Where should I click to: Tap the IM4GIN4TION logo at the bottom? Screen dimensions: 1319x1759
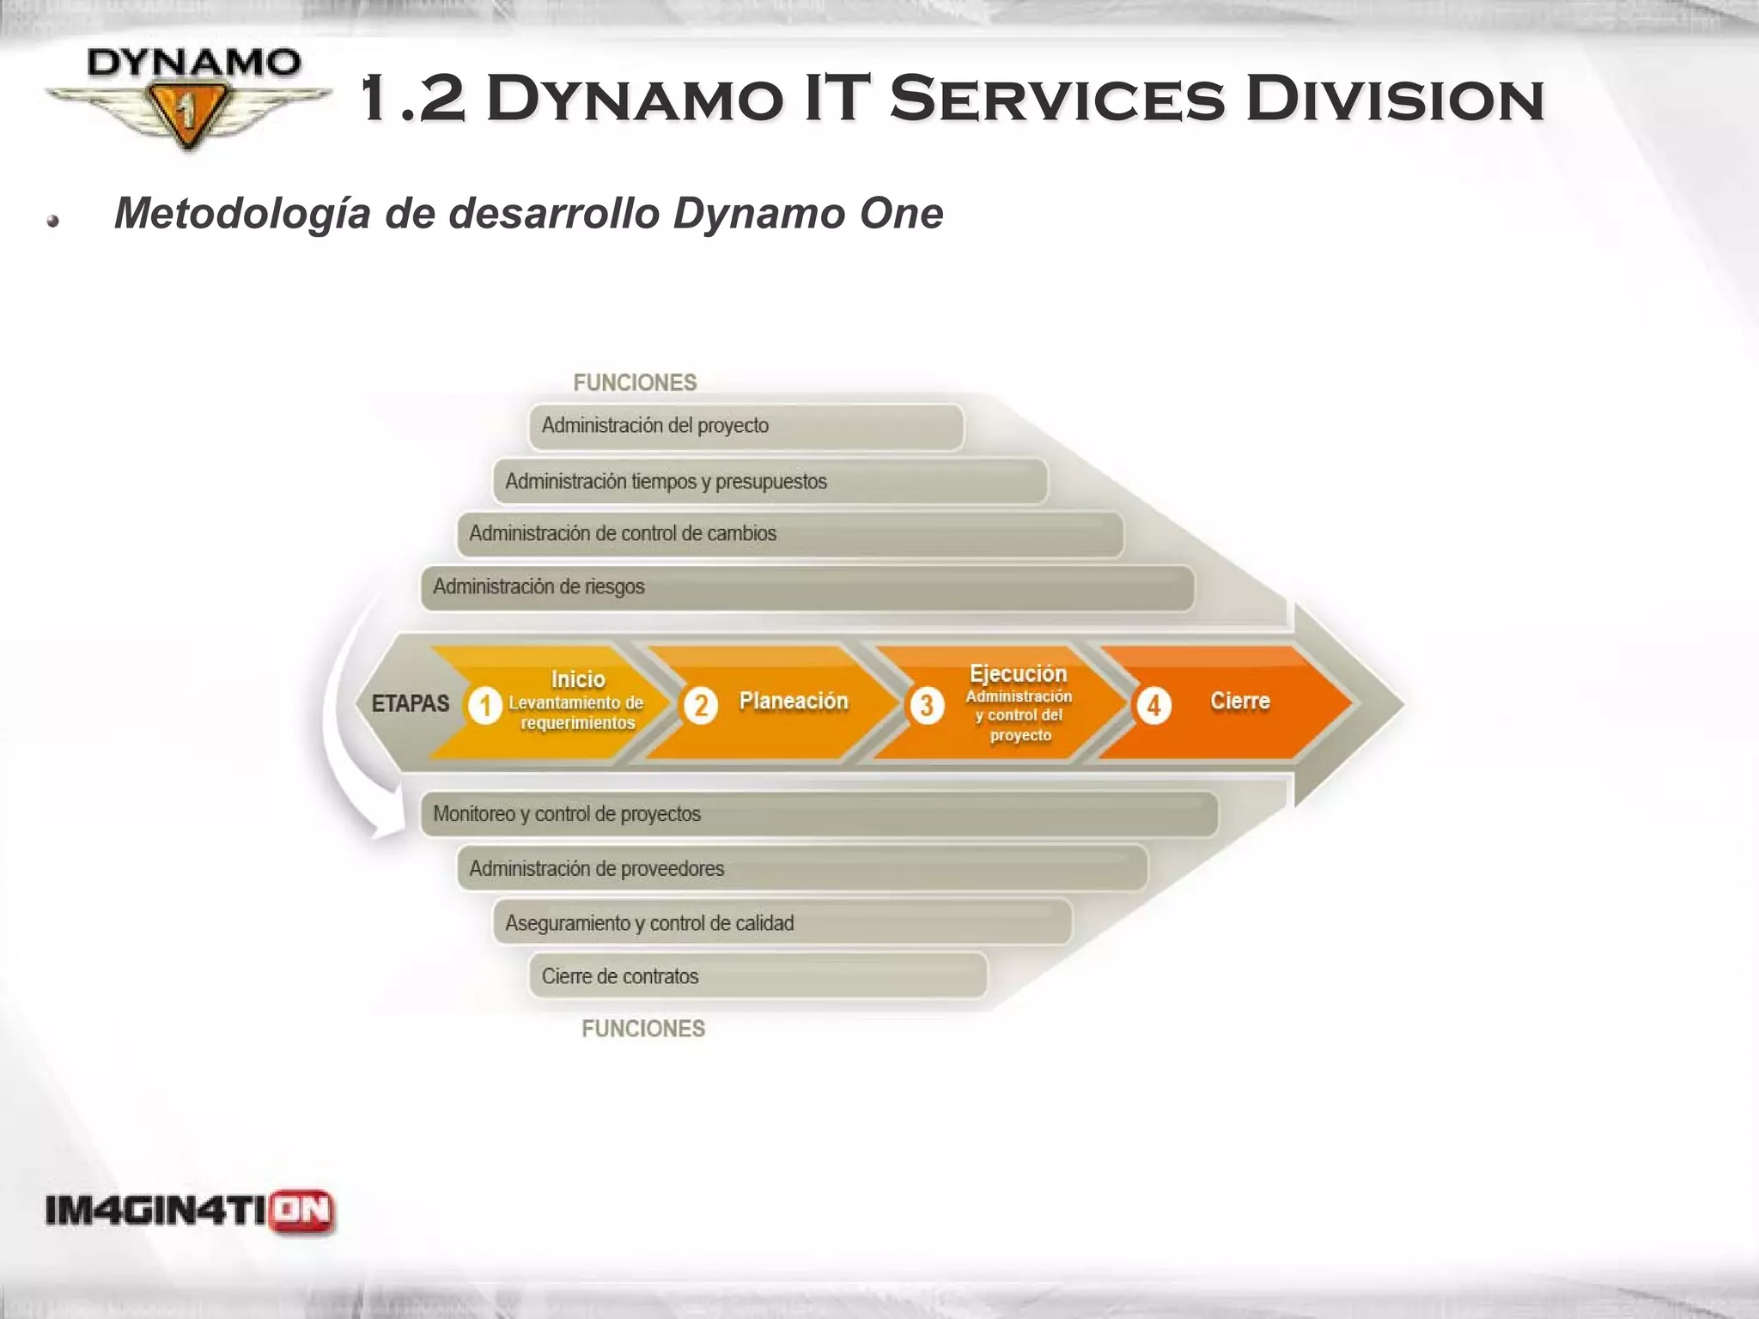pos(190,1212)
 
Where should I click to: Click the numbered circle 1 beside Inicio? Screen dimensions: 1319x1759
pos(484,705)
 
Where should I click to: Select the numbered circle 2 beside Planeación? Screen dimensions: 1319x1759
pos(701,705)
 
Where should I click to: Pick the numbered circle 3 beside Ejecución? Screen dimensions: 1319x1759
pos(926,705)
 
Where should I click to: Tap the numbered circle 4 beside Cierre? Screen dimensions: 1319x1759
pos(1153,705)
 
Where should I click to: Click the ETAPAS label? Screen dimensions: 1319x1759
pos(410,703)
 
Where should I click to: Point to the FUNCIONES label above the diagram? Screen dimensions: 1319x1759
pos(635,382)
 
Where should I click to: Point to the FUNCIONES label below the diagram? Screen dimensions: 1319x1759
pos(643,1028)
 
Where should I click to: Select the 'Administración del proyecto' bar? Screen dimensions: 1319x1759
pos(746,427)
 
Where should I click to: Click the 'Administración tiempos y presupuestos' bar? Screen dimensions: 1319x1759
pos(770,482)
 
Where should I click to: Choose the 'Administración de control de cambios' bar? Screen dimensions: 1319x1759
pos(789,534)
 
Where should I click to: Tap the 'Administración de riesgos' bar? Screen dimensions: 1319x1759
pos(807,587)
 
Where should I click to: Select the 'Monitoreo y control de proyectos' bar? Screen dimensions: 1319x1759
pos(819,814)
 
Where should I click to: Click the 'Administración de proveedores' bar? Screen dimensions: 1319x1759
pos(801,868)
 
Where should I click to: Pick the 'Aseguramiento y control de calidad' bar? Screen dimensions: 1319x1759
pos(782,922)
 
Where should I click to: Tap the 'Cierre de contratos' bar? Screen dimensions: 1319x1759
pos(758,976)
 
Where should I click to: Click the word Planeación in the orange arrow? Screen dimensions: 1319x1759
pos(793,701)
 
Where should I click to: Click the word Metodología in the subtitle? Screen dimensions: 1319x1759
pos(243,213)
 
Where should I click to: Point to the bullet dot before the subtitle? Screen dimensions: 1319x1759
pos(53,221)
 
